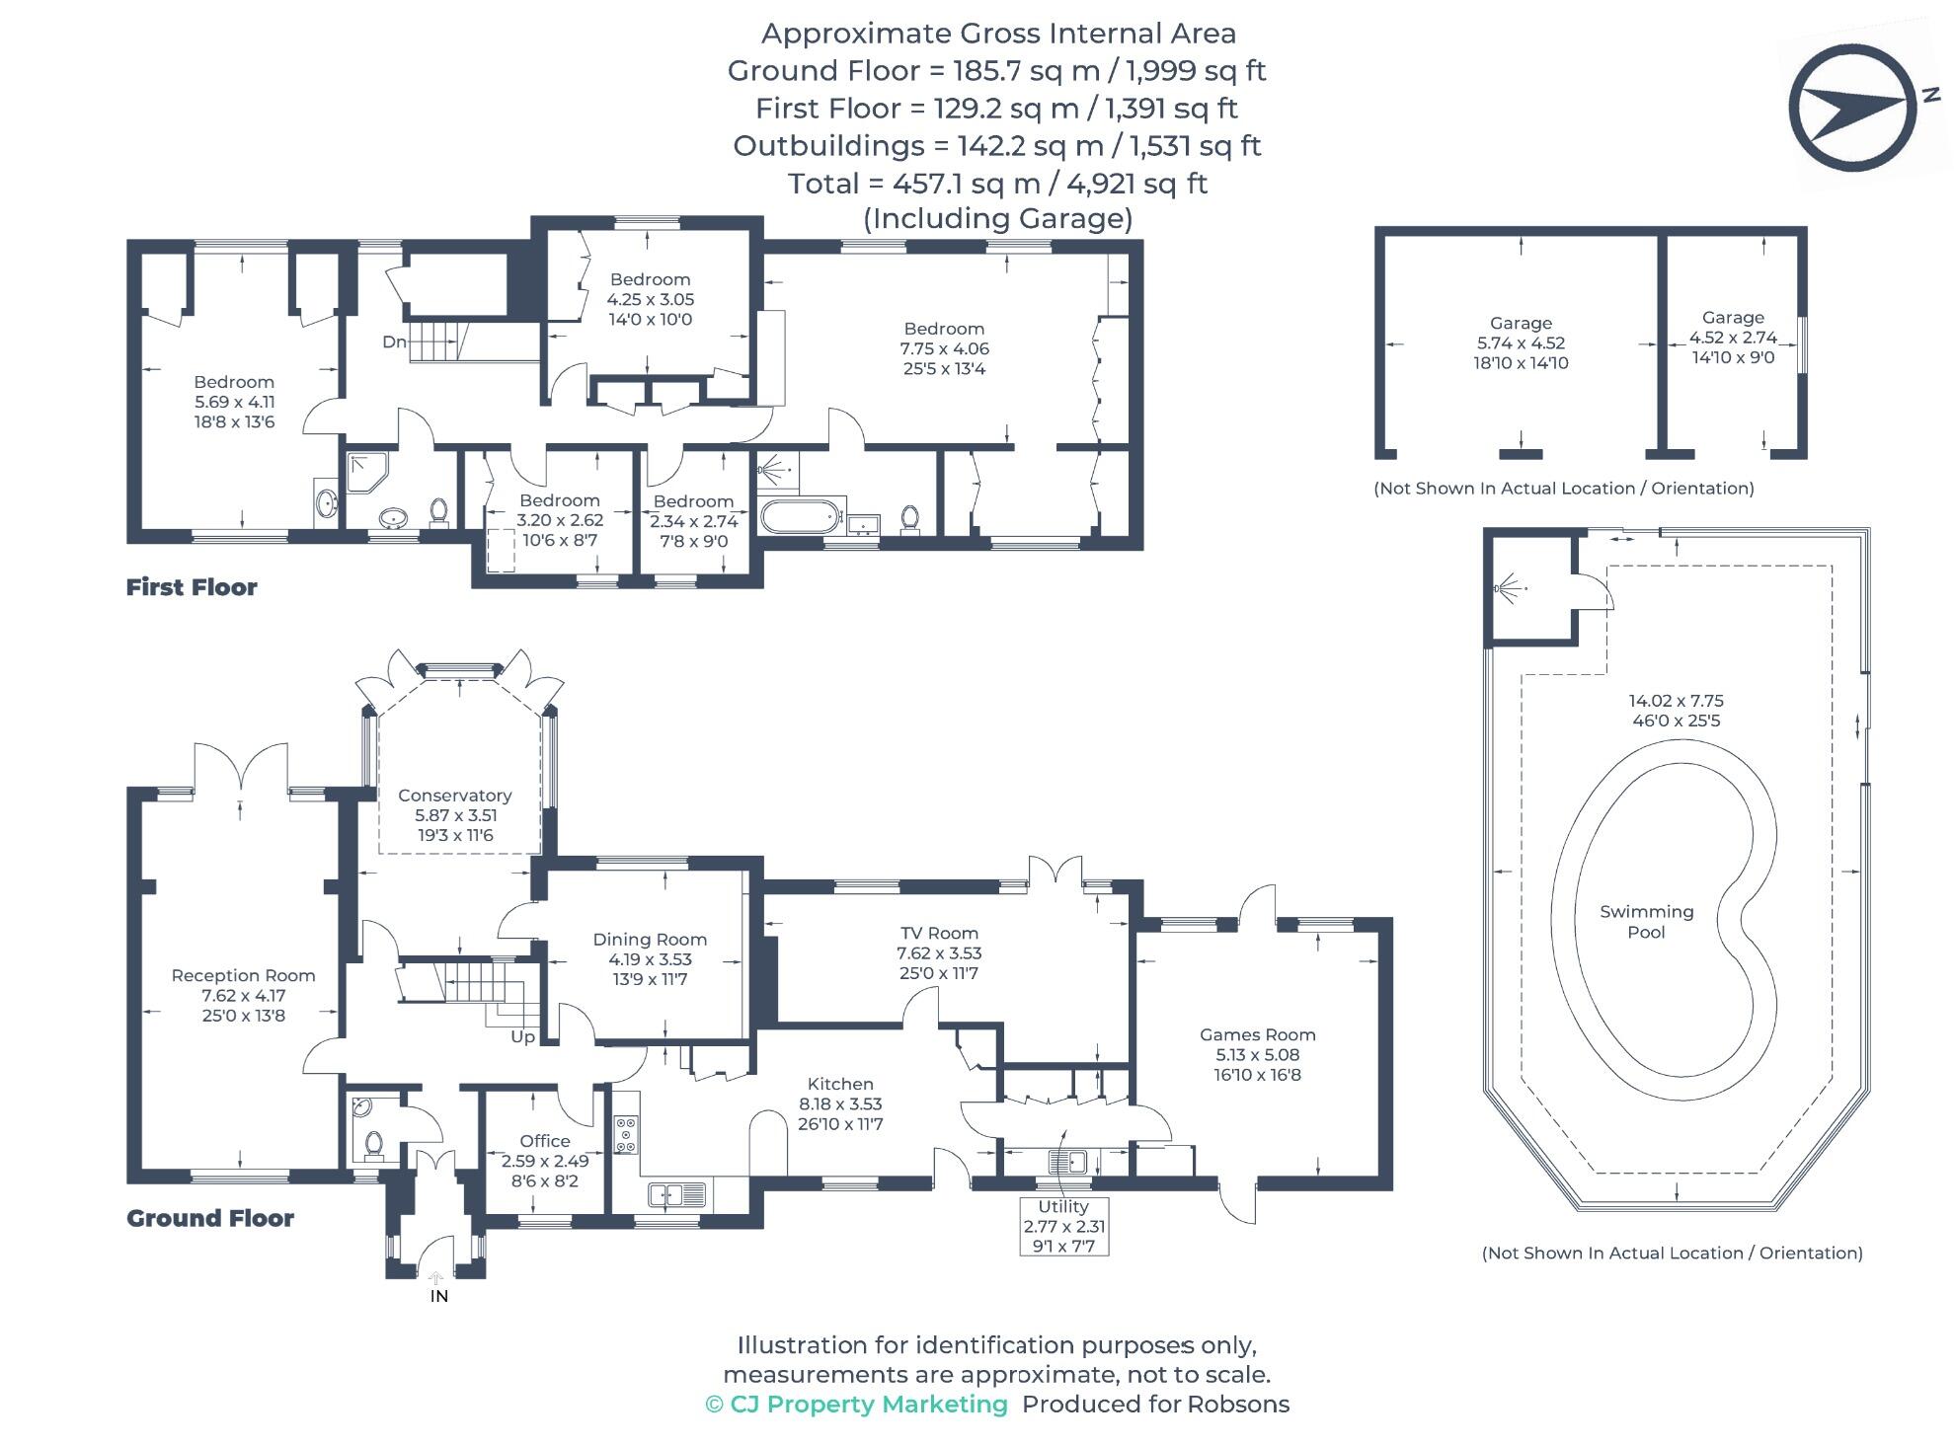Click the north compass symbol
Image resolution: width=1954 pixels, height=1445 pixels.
tap(1852, 107)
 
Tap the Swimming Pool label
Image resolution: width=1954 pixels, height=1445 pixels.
tap(1646, 921)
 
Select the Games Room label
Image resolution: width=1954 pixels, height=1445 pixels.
tap(1257, 1034)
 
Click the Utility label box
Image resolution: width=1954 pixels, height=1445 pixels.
tap(1063, 1226)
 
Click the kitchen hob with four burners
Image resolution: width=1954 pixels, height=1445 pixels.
tap(626, 1134)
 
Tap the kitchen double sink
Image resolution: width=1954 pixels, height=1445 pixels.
tap(677, 1194)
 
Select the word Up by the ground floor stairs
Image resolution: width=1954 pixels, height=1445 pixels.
tap(522, 1036)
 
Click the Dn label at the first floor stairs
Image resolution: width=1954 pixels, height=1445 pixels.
tap(394, 342)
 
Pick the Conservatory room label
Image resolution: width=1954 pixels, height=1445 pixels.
tap(454, 796)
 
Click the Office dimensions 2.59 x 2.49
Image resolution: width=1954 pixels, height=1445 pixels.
tap(545, 1161)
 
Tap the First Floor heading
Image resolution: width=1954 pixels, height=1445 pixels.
tap(192, 587)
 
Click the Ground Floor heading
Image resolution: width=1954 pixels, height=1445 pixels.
tap(210, 1218)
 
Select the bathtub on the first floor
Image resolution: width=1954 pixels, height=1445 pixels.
tap(801, 515)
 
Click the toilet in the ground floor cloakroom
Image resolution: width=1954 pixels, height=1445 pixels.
tap(373, 1143)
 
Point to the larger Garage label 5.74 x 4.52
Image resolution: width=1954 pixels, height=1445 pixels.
tap(1521, 342)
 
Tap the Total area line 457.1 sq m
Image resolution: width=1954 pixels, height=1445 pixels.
tap(997, 183)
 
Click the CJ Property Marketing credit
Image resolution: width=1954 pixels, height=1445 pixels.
tap(857, 1404)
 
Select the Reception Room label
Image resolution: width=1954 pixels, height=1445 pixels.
tap(243, 975)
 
